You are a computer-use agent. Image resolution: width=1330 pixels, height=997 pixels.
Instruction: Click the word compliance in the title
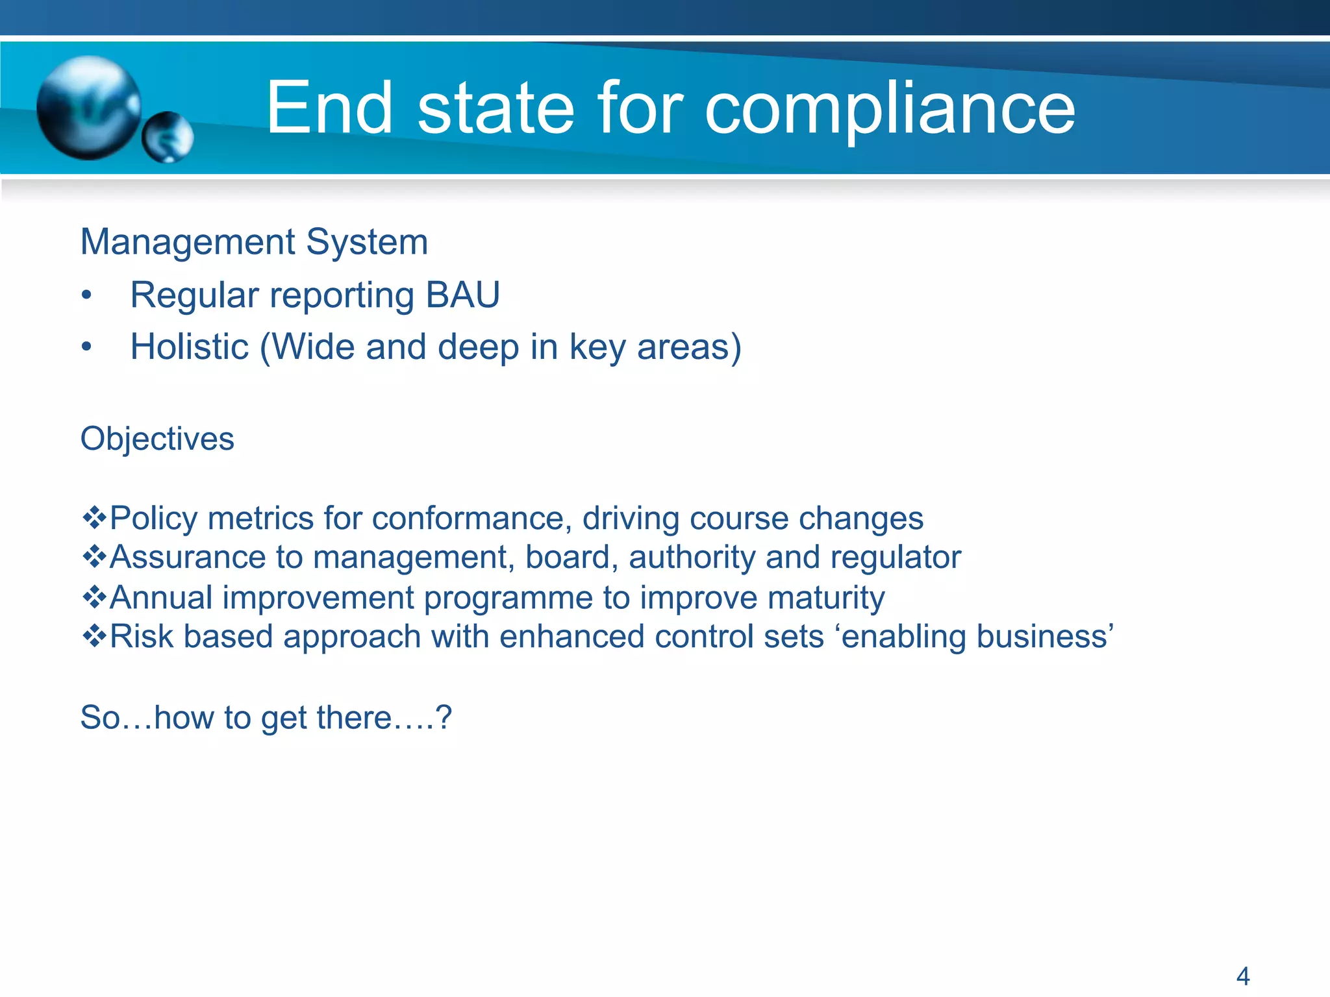890,109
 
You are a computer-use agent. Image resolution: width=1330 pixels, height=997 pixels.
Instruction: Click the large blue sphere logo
89,108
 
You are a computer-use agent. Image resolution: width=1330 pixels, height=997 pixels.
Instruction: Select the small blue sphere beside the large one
168,137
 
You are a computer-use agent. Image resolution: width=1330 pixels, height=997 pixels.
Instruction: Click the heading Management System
254,242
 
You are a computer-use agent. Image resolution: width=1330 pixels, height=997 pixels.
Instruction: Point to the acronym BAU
462,295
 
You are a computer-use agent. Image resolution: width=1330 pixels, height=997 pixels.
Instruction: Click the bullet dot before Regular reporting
87,296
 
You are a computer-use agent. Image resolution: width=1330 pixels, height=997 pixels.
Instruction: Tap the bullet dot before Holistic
87,348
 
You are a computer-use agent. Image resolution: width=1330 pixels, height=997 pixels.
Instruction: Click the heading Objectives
157,439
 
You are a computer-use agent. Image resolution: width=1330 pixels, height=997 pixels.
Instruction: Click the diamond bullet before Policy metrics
94,518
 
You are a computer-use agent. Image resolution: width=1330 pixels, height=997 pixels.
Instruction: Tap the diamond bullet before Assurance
94,557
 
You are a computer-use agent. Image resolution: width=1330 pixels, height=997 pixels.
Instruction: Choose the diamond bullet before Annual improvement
94,597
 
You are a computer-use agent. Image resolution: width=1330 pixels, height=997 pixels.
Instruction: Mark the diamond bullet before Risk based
94,636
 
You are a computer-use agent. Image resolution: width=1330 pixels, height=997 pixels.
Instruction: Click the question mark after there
444,718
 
